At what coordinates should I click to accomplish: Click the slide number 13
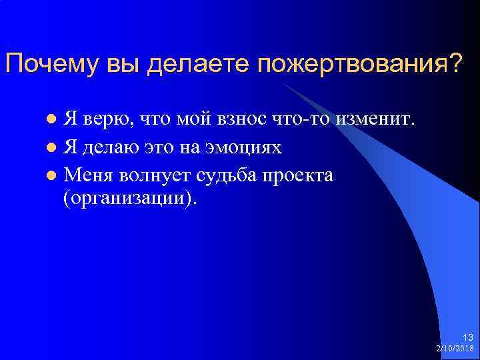[467, 338]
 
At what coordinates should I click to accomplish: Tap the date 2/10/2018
[455, 349]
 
